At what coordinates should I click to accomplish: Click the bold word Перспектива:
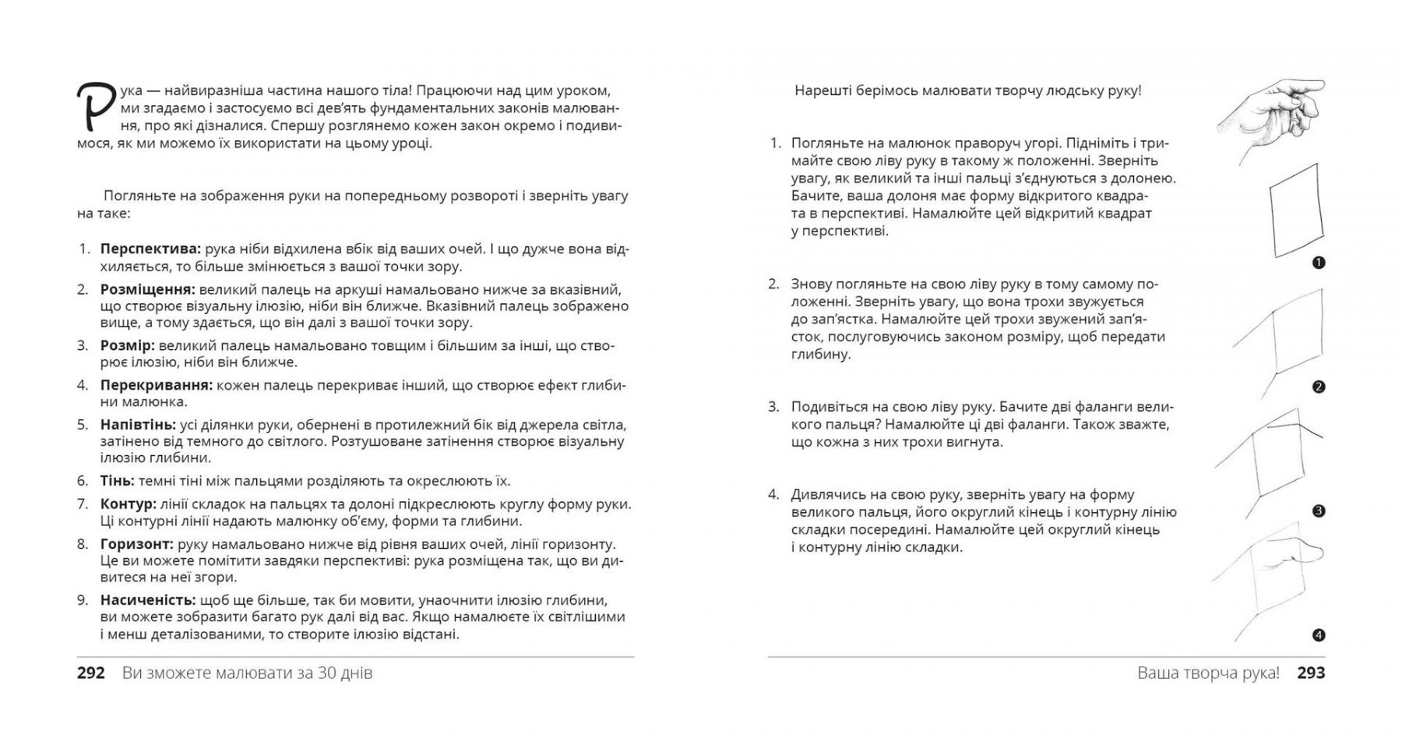(150, 249)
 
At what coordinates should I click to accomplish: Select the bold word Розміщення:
(147, 289)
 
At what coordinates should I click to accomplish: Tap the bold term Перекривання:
(156, 385)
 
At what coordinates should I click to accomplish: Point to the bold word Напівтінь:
(138, 425)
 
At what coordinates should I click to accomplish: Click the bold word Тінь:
(117, 481)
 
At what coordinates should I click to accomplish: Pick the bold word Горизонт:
(136, 544)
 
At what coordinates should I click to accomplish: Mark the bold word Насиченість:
(147, 600)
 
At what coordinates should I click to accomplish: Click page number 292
(91, 673)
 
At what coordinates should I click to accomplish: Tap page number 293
(1311, 673)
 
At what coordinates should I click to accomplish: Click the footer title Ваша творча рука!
(1208, 673)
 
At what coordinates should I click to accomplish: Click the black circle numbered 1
(1319, 263)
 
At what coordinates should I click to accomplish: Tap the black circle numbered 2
(1319, 387)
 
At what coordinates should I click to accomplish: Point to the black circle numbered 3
(1319, 511)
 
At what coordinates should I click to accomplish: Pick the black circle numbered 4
(1319, 635)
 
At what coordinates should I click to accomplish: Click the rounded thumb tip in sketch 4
(1315, 553)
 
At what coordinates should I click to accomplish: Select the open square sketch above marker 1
(1296, 210)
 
